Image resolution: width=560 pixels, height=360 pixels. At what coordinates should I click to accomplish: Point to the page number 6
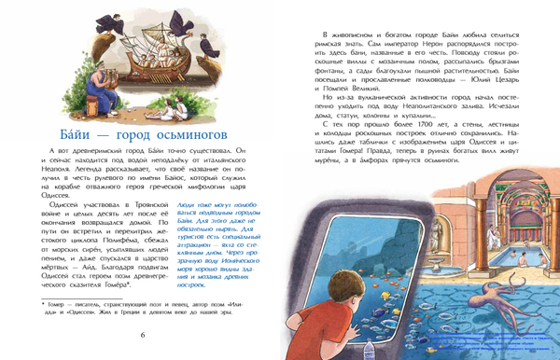tap(142, 335)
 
